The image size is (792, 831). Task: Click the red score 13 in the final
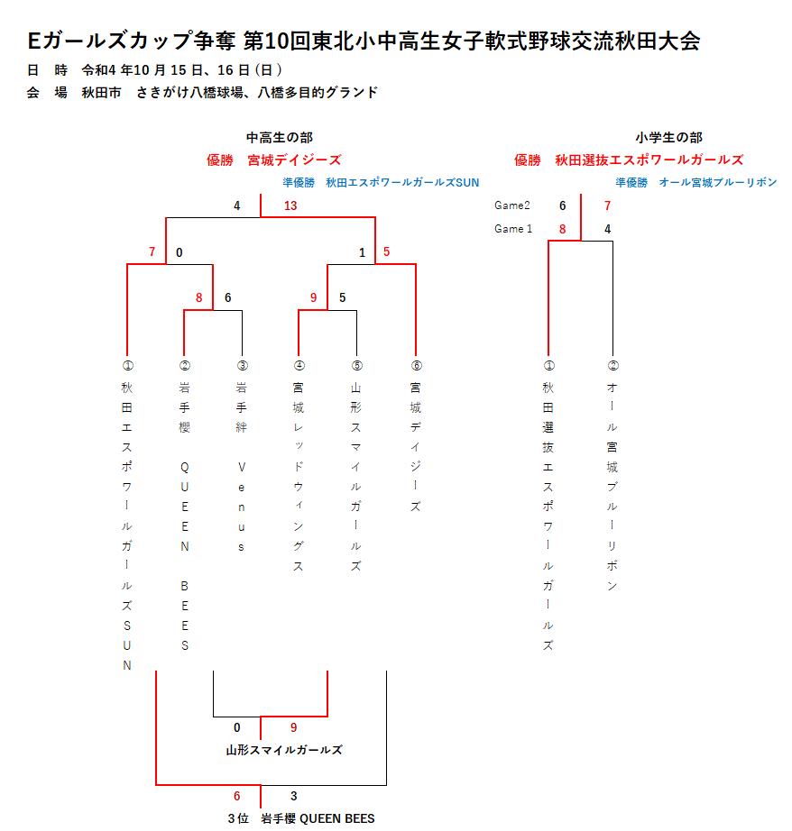(x=290, y=205)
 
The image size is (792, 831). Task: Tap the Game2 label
(x=511, y=205)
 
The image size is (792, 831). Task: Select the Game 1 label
(x=513, y=228)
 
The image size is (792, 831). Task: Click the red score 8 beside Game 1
(x=562, y=229)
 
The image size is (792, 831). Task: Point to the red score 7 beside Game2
(x=607, y=205)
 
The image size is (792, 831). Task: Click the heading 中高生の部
(x=280, y=138)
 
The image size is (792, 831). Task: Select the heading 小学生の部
(x=669, y=138)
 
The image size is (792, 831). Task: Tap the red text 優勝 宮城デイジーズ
(x=273, y=160)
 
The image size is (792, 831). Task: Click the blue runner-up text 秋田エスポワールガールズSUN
(x=402, y=183)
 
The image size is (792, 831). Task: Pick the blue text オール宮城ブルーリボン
(x=718, y=183)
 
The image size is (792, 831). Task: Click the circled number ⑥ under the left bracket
(x=416, y=366)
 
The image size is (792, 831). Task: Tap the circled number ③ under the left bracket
(x=242, y=366)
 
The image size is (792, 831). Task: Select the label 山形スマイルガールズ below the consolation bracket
(x=284, y=750)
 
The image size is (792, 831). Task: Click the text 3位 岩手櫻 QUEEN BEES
(x=301, y=818)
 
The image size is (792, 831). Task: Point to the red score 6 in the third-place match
(x=236, y=796)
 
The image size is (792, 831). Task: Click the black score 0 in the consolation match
(x=236, y=727)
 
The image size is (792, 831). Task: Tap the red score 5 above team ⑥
(x=386, y=251)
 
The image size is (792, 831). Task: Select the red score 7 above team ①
(x=152, y=251)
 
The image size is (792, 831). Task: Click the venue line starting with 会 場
(x=202, y=93)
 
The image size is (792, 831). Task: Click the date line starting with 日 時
(x=154, y=70)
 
